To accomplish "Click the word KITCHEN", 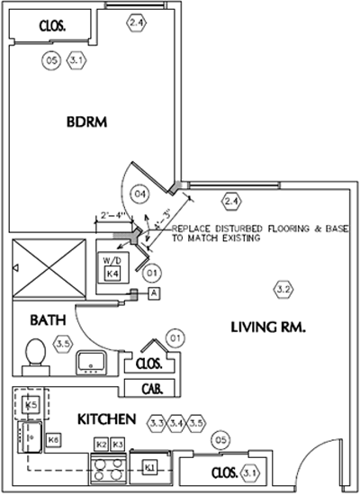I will point(105,419).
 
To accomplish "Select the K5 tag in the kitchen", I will point(31,406).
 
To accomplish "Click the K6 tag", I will point(54,439).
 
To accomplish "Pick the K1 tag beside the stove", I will point(150,465).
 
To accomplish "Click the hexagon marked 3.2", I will point(283,289).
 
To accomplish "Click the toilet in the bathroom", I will point(33,354).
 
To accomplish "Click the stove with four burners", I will point(108,470).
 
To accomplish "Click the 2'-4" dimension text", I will point(112,215).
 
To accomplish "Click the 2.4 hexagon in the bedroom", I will point(137,21).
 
